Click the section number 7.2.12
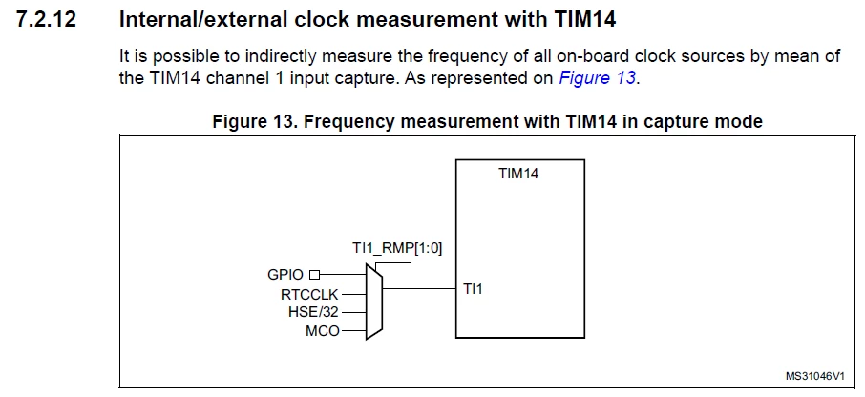pos(47,20)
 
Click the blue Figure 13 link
pos(598,77)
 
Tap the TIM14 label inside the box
pos(518,174)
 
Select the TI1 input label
pos(473,289)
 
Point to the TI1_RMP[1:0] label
pos(397,249)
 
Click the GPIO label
pos(285,275)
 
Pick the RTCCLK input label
pos(309,295)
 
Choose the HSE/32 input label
pos(313,312)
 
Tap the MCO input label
pos(323,331)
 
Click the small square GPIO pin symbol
pos(314,274)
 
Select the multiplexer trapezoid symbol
pos(374,301)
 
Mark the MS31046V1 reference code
pos(815,376)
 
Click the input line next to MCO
pos(353,331)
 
